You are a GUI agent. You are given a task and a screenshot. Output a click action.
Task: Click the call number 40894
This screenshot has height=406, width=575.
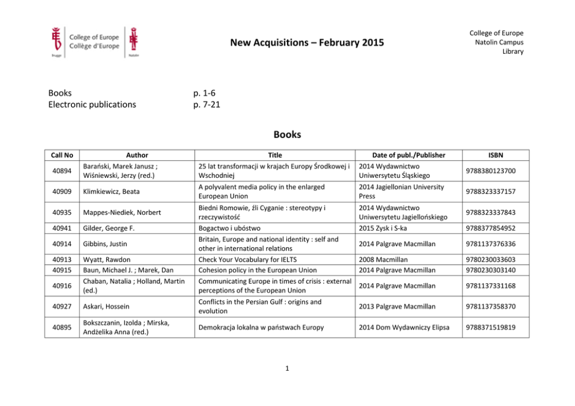pyautogui.click(x=61, y=170)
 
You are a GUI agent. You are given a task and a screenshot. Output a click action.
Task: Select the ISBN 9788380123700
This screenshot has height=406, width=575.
pyautogui.click(x=490, y=170)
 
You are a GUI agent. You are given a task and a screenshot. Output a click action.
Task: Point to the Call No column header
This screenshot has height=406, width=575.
pyautogui.click(x=61, y=155)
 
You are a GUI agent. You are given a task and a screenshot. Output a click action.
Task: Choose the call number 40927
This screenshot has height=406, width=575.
pyautogui.click(x=61, y=306)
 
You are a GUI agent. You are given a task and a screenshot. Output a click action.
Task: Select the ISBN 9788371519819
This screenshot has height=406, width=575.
pyautogui.click(x=490, y=327)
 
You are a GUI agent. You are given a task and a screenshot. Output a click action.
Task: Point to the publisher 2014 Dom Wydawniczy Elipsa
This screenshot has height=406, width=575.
pyautogui.click(x=405, y=327)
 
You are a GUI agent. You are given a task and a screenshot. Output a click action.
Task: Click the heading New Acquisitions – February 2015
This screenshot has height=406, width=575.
pyautogui.click(x=307, y=43)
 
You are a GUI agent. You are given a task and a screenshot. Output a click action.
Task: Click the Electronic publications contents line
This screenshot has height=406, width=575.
pyautogui.click(x=92, y=105)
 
